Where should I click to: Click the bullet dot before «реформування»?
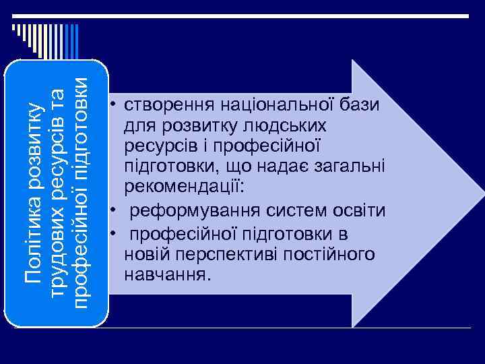tap(116, 211)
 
